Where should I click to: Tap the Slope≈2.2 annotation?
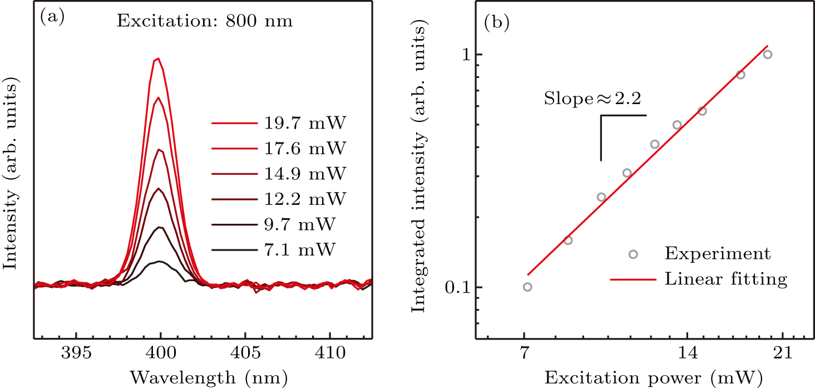pyautogui.click(x=592, y=99)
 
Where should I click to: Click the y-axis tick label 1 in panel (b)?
pyautogui.click(x=462, y=55)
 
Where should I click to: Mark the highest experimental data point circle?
pyautogui.click(x=768, y=55)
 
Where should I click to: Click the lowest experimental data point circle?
pyautogui.click(x=527, y=287)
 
